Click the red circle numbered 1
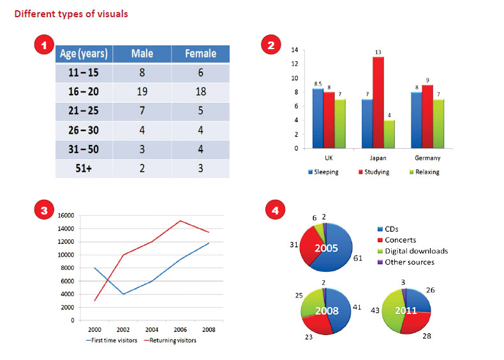point(43,45)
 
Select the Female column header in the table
point(200,54)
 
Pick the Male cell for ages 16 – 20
point(142,91)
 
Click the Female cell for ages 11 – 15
point(200,73)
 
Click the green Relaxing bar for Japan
point(390,134)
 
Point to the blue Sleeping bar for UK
point(318,118)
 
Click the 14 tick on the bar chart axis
point(295,49)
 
